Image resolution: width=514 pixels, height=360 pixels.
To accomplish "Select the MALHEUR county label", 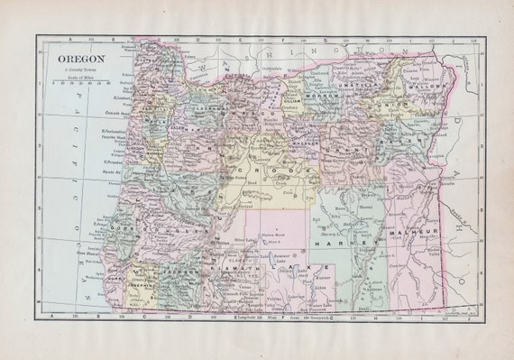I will [x=411, y=233].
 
